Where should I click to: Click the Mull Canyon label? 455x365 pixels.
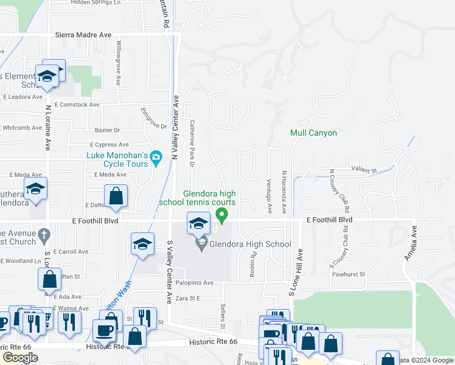click(x=313, y=133)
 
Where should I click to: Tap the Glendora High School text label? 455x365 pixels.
click(x=250, y=245)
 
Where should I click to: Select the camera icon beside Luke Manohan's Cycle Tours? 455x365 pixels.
click(x=156, y=158)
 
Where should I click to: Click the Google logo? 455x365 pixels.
click(x=20, y=358)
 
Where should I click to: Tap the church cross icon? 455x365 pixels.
click(x=43, y=234)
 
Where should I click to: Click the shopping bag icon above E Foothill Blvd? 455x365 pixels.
click(x=116, y=196)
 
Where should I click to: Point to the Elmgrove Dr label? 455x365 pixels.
click(x=153, y=118)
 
